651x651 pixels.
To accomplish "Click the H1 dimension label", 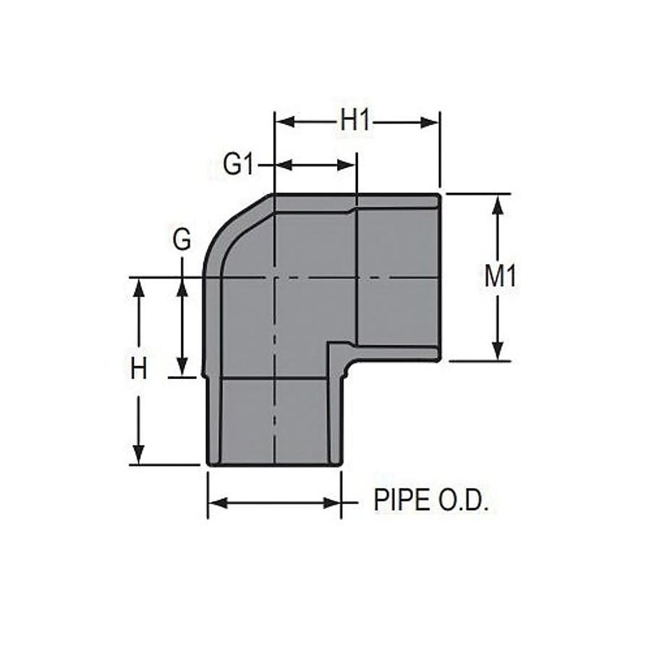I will [x=355, y=122].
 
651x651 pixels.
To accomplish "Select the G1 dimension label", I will [x=239, y=165].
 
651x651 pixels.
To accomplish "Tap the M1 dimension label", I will [x=500, y=276].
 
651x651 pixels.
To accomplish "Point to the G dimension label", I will [x=182, y=239].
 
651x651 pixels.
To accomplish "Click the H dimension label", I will [x=139, y=370].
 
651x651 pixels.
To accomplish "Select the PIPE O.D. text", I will [x=431, y=501].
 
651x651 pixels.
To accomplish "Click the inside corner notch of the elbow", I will [x=334, y=350].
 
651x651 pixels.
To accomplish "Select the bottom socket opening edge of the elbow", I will [x=274, y=464].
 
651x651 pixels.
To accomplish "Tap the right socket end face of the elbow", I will [x=439, y=276].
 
